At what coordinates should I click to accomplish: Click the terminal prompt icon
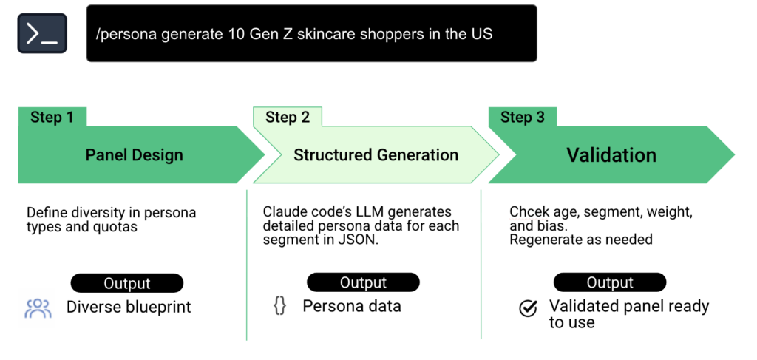(42, 33)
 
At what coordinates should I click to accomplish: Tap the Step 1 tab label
(52, 118)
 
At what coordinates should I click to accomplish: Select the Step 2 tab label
(288, 118)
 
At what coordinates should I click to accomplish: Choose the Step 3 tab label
(523, 118)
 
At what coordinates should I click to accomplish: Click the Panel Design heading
(135, 155)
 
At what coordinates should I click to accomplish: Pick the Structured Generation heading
(376, 155)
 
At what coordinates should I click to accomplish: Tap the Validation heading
(611, 155)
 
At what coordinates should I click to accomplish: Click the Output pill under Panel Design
(127, 283)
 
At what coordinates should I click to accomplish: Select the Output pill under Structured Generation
(363, 282)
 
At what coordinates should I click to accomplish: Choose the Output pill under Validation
(610, 283)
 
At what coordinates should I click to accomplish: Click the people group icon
(38, 309)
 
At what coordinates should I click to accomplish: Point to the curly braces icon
(279, 306)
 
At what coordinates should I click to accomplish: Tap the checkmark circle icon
(528, 308)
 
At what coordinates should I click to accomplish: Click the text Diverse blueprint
(129, 307)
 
